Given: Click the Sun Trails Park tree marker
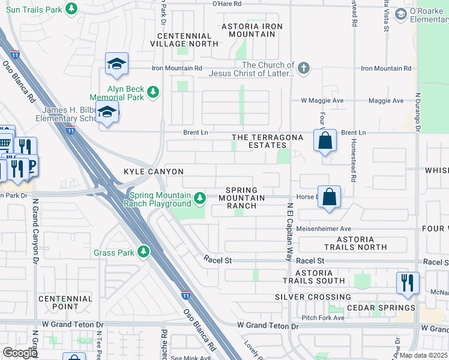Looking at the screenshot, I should tap(71, 9).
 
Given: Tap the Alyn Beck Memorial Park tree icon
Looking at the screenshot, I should tap(154, 91).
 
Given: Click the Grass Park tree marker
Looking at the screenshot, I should tap(143, 251).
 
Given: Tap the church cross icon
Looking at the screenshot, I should tap(304, 67).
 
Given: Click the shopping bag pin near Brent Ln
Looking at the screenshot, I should tap(325, 142).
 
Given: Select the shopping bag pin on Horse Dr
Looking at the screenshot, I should tap(330, 197).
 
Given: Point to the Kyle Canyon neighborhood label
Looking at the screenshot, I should tap(153, 172).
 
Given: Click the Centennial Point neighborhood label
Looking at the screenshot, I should tap(65, 302).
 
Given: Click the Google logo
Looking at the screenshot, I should tap(20, 353).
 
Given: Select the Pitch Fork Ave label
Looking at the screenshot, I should tap(323, 317).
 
